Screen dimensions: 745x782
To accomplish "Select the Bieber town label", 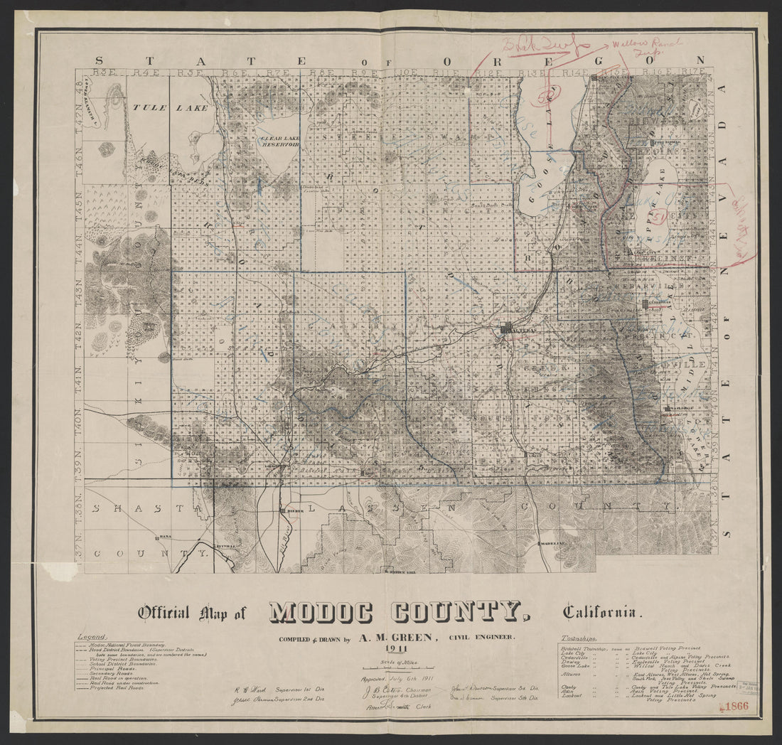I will click(294, 510).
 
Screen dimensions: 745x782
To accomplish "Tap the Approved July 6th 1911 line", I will click(395, 679).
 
